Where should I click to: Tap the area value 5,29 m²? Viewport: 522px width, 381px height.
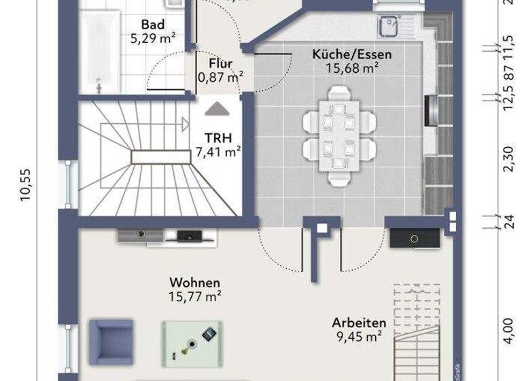[152, 38]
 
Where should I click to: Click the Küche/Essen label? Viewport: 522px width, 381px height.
[352, 54]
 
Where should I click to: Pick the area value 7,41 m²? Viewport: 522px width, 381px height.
[218, 152]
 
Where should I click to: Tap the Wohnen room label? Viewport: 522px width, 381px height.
[195, 282]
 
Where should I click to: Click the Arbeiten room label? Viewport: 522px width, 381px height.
[359, 322]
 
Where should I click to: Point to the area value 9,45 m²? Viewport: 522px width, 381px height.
[359, 335]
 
